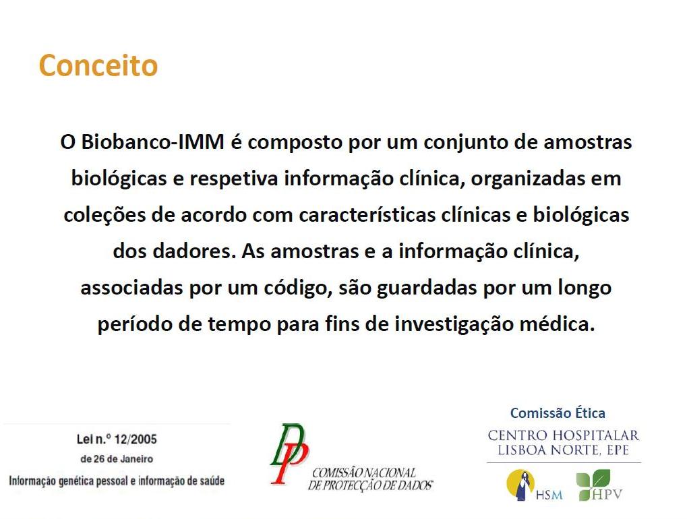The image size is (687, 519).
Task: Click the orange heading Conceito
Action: tap(98, 65)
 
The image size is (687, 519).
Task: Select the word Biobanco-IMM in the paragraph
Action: tap(152, 142)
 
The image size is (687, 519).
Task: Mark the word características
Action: tap(367, 215)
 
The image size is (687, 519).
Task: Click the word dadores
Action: tap(194, 251)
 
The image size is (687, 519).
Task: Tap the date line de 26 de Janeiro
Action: tap(117, 459)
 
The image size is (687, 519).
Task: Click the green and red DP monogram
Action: tap(289, 453)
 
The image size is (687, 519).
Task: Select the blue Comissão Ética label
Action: tap(558, 413)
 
